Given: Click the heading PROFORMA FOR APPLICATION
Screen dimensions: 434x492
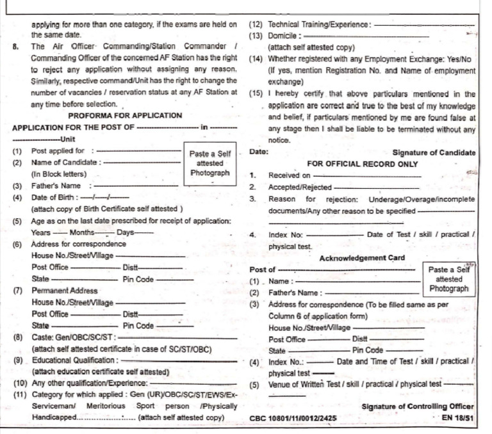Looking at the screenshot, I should (x=125, y=115).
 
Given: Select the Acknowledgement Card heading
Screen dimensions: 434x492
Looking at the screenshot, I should (x=362, y=258).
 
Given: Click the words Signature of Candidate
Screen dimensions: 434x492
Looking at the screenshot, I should (x=434, y=152).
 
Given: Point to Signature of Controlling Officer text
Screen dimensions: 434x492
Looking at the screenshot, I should (x=418, y=406).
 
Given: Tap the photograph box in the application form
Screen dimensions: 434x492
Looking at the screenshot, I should (x=210, y=164).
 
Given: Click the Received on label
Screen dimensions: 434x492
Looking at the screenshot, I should (x=290, y=175).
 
